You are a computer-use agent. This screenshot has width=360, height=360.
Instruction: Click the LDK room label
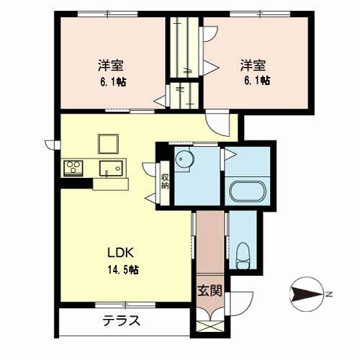point(120,253)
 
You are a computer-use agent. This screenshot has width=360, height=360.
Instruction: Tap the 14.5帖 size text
point(123,270)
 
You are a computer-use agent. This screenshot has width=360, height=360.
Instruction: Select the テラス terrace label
point(122,321)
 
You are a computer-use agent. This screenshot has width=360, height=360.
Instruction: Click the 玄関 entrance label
point(210,291)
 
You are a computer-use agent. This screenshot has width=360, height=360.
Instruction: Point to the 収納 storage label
point(165,181)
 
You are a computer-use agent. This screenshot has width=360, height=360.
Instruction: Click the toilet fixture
point(243,256)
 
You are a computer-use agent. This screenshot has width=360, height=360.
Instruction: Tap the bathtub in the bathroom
point(248,191)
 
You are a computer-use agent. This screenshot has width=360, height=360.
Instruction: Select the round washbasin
point(184,158)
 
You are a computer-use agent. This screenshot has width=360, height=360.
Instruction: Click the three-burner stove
point(73,168)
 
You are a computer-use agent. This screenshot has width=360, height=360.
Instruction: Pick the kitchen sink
point(111,168)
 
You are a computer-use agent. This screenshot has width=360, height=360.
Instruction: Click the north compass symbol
point(307,294)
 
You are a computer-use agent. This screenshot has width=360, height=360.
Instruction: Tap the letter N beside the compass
point(329,294)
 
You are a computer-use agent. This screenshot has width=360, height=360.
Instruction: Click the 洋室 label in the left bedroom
point(111,65)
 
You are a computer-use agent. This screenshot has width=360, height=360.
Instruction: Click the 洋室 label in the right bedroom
point(253,65)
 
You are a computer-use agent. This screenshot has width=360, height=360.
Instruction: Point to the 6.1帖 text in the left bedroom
point(113,82)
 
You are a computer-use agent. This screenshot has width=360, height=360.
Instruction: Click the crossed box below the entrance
point(210,326)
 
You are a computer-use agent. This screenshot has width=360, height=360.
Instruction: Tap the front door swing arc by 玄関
point(247,307)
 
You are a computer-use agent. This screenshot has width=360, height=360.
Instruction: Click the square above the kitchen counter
point(108,144)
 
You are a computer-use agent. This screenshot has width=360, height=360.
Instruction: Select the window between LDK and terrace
point(125,305)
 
